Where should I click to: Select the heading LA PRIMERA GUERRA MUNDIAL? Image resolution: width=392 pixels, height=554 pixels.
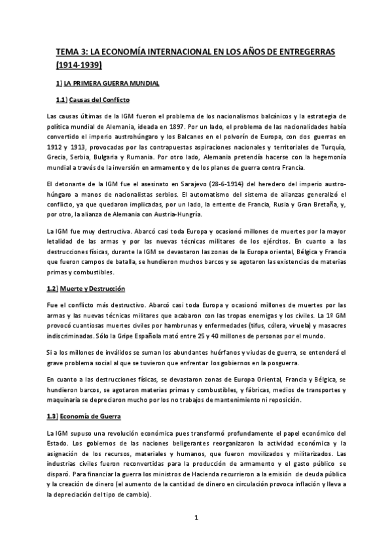115,84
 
